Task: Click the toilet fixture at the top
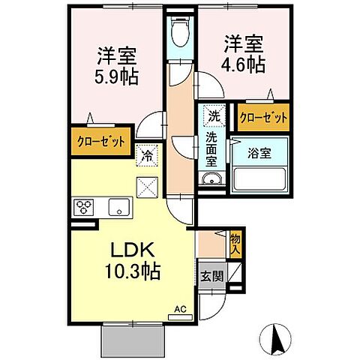[180, 31]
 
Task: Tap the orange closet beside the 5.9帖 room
[100, 140]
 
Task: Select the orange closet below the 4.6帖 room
[262, 118]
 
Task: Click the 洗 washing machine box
[213, 117]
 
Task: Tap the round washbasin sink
[211, 178]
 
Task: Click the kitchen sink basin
[118, 208]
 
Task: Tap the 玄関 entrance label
[211, 275]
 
